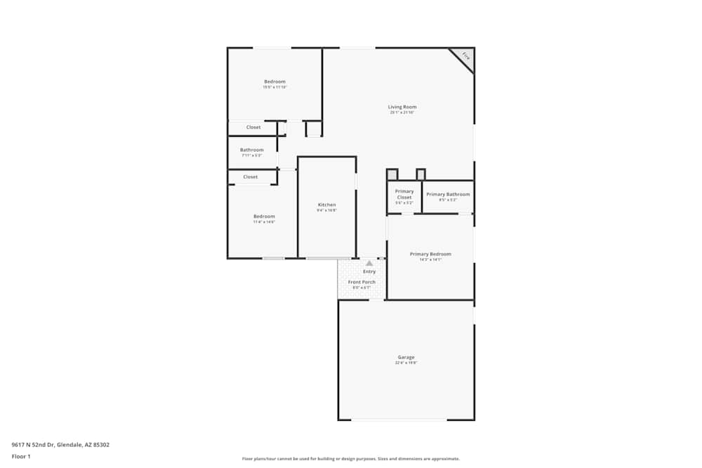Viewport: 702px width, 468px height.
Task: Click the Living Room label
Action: click(x=402, y=107)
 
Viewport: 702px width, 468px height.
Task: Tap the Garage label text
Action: click(x=406, y=357)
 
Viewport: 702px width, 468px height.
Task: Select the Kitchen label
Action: click(x=327, y=205)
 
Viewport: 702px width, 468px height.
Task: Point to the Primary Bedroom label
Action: click(x=430, y=254)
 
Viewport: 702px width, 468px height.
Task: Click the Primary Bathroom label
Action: click(x=448, y=194)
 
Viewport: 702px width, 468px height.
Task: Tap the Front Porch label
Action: click(x=362, y=282)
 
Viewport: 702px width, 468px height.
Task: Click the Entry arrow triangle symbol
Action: click(x=369, y=263)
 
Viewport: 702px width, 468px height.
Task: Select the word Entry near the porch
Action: click(x=369, y=272)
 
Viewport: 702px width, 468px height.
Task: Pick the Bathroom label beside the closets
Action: click(x=251, y=150)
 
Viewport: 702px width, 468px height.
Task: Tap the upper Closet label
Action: click(x=253, y=128)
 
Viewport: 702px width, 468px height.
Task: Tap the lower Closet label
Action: click(x=251, y=178)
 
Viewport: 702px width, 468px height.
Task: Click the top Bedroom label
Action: click(x=274, y=82)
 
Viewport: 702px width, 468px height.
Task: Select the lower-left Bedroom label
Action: click(x=264, y=216)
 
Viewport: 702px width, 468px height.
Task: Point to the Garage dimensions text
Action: click(x=406, y=363)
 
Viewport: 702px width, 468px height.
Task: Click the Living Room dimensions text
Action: click(x=402, y=113)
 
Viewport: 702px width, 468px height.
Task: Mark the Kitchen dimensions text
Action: click(x=327, y=210)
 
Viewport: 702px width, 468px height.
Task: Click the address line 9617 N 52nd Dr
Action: click(x=60, y=445)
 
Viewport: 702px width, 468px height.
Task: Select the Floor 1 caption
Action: click(x=21, y=456)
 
